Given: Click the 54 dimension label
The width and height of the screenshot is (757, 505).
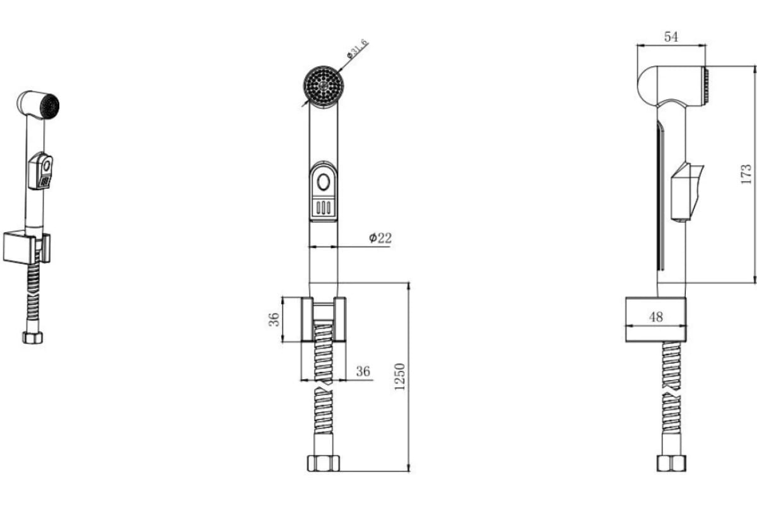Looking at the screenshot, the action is point(671,37).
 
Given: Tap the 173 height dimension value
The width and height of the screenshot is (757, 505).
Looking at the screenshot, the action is point(746,174).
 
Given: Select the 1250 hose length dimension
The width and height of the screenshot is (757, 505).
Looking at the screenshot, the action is point(399,376).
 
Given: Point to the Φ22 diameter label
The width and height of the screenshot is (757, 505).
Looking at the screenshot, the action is point(380,238).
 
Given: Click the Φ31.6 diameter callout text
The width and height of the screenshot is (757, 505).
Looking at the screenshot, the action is point(357,49).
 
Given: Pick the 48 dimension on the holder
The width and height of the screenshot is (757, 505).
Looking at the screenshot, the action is point(656,317).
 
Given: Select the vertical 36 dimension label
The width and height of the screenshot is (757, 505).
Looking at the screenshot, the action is point(274,319).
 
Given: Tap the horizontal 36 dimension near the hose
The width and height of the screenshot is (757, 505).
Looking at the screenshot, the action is point(363,371).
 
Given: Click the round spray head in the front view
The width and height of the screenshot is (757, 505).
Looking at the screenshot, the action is point(324,86).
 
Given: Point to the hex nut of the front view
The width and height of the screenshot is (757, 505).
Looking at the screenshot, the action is point(324,463).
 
